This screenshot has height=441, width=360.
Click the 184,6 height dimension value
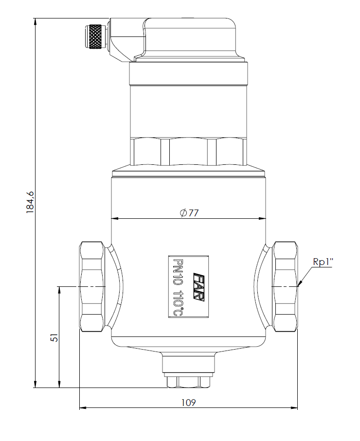[x=30, y=202]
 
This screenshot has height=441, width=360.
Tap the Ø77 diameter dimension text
[x=189, y=213]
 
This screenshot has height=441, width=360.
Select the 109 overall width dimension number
[x=188, y=403]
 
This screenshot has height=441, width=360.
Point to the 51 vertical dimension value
[x=55, y=337]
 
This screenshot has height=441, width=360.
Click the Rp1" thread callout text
[x=323, y=262]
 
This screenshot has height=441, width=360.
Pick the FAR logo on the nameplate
[x=198, y=286]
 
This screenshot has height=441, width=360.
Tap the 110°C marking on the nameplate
[x=178, y=302]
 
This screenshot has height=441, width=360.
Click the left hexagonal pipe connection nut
[x=92, y=286]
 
